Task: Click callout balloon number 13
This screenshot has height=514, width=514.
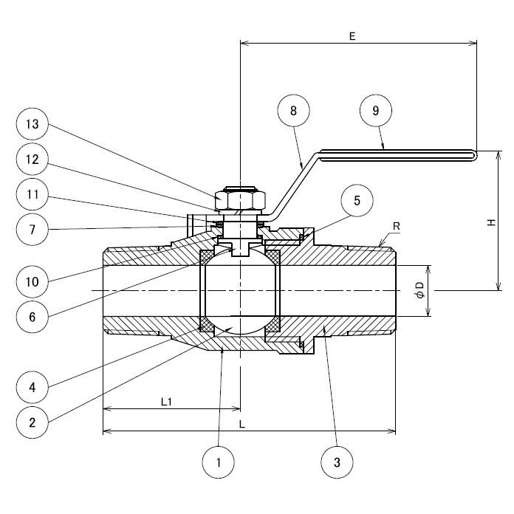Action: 32,125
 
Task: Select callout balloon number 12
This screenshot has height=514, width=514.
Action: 32,160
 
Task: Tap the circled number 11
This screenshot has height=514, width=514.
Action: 32,196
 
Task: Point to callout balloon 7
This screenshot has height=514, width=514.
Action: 32,229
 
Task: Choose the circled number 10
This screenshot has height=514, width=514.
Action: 32,281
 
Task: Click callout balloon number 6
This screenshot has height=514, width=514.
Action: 32,317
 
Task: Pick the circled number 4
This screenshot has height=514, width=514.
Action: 32,386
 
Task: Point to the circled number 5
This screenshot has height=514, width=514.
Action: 357,200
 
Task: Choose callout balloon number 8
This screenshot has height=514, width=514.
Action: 293,111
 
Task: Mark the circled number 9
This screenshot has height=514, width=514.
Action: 376,111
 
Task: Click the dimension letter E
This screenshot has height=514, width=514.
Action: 353,35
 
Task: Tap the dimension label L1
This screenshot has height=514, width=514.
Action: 167,402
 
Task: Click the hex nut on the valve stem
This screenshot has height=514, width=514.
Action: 239,199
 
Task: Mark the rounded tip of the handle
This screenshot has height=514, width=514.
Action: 473,154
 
